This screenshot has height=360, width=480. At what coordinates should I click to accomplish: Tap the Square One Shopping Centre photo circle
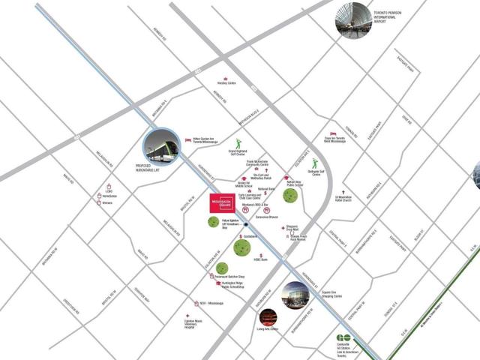pyautogui.click(x=295, y=295)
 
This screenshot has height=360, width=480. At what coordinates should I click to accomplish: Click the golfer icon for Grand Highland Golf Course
pyautogui.click(x=239, y=142)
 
